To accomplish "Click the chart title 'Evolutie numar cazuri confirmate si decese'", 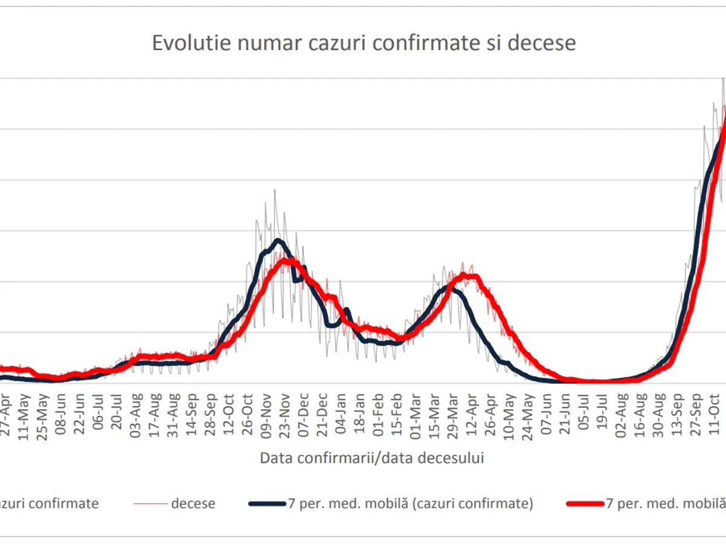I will tap(364, 44).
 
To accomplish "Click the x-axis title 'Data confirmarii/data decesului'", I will tap(372, 458).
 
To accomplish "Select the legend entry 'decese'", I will tap(193, 503).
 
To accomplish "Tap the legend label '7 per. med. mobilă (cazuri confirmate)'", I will tap(409, 503).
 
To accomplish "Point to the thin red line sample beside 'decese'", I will tap(151, 503).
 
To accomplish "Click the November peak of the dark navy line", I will tap(278, 241).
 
